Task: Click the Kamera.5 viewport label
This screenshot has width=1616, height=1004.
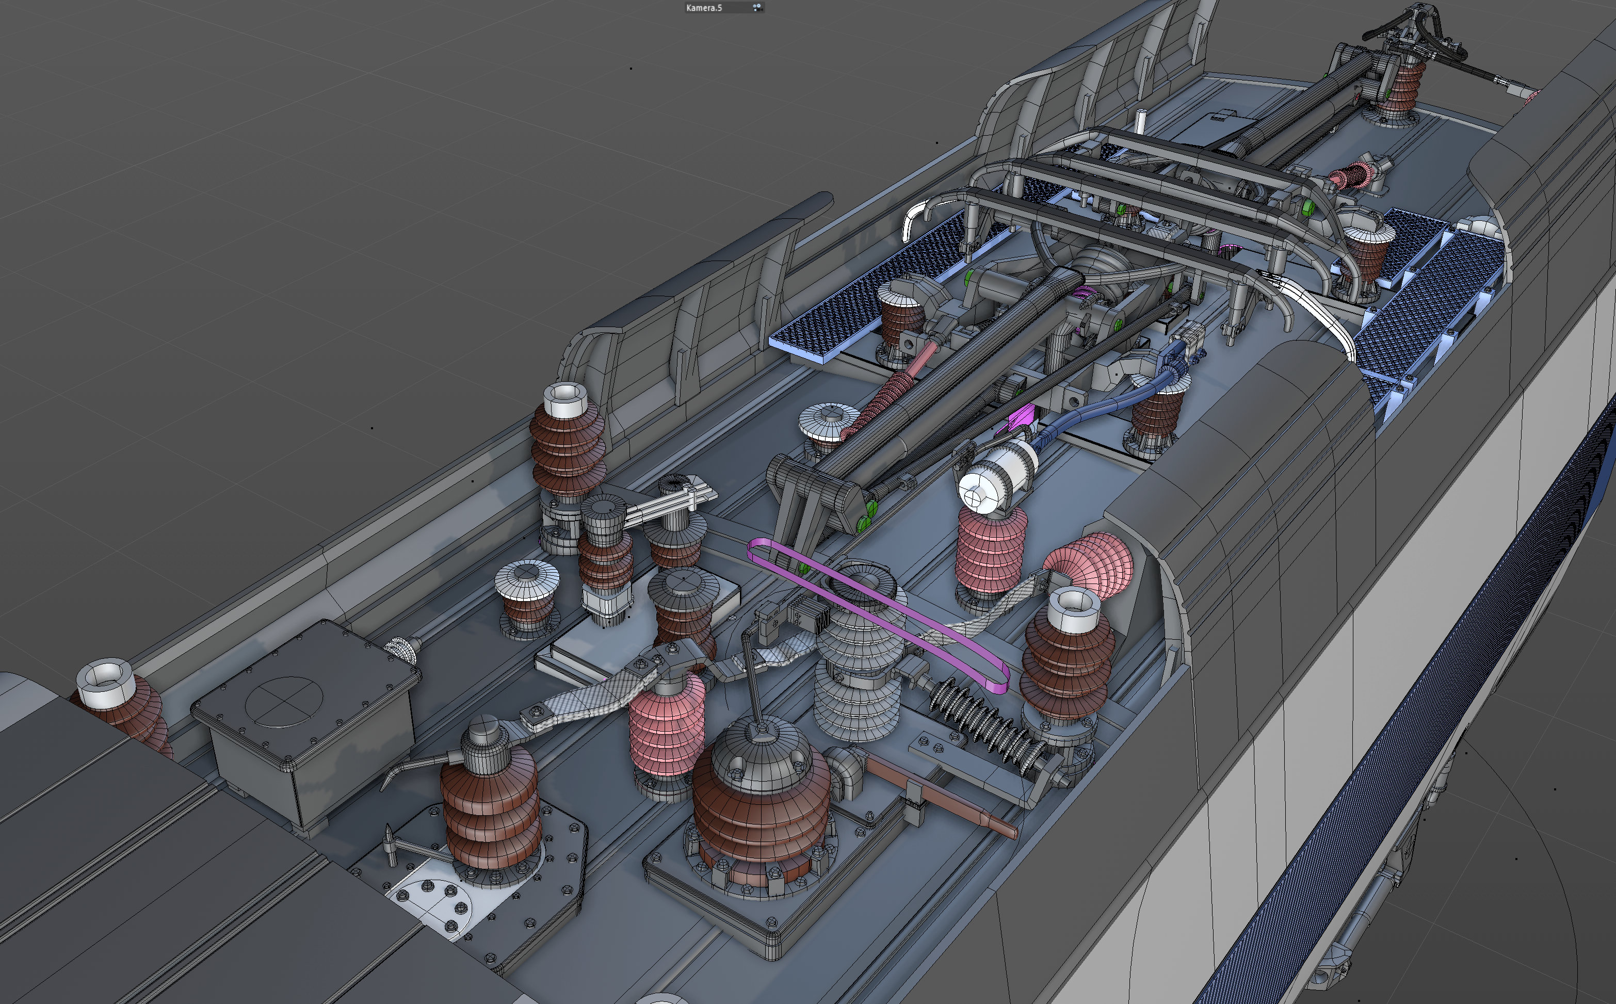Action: coord(704,8)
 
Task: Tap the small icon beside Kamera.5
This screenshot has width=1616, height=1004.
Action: coord(757,7)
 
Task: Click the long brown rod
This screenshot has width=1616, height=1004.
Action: coord(940,794)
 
